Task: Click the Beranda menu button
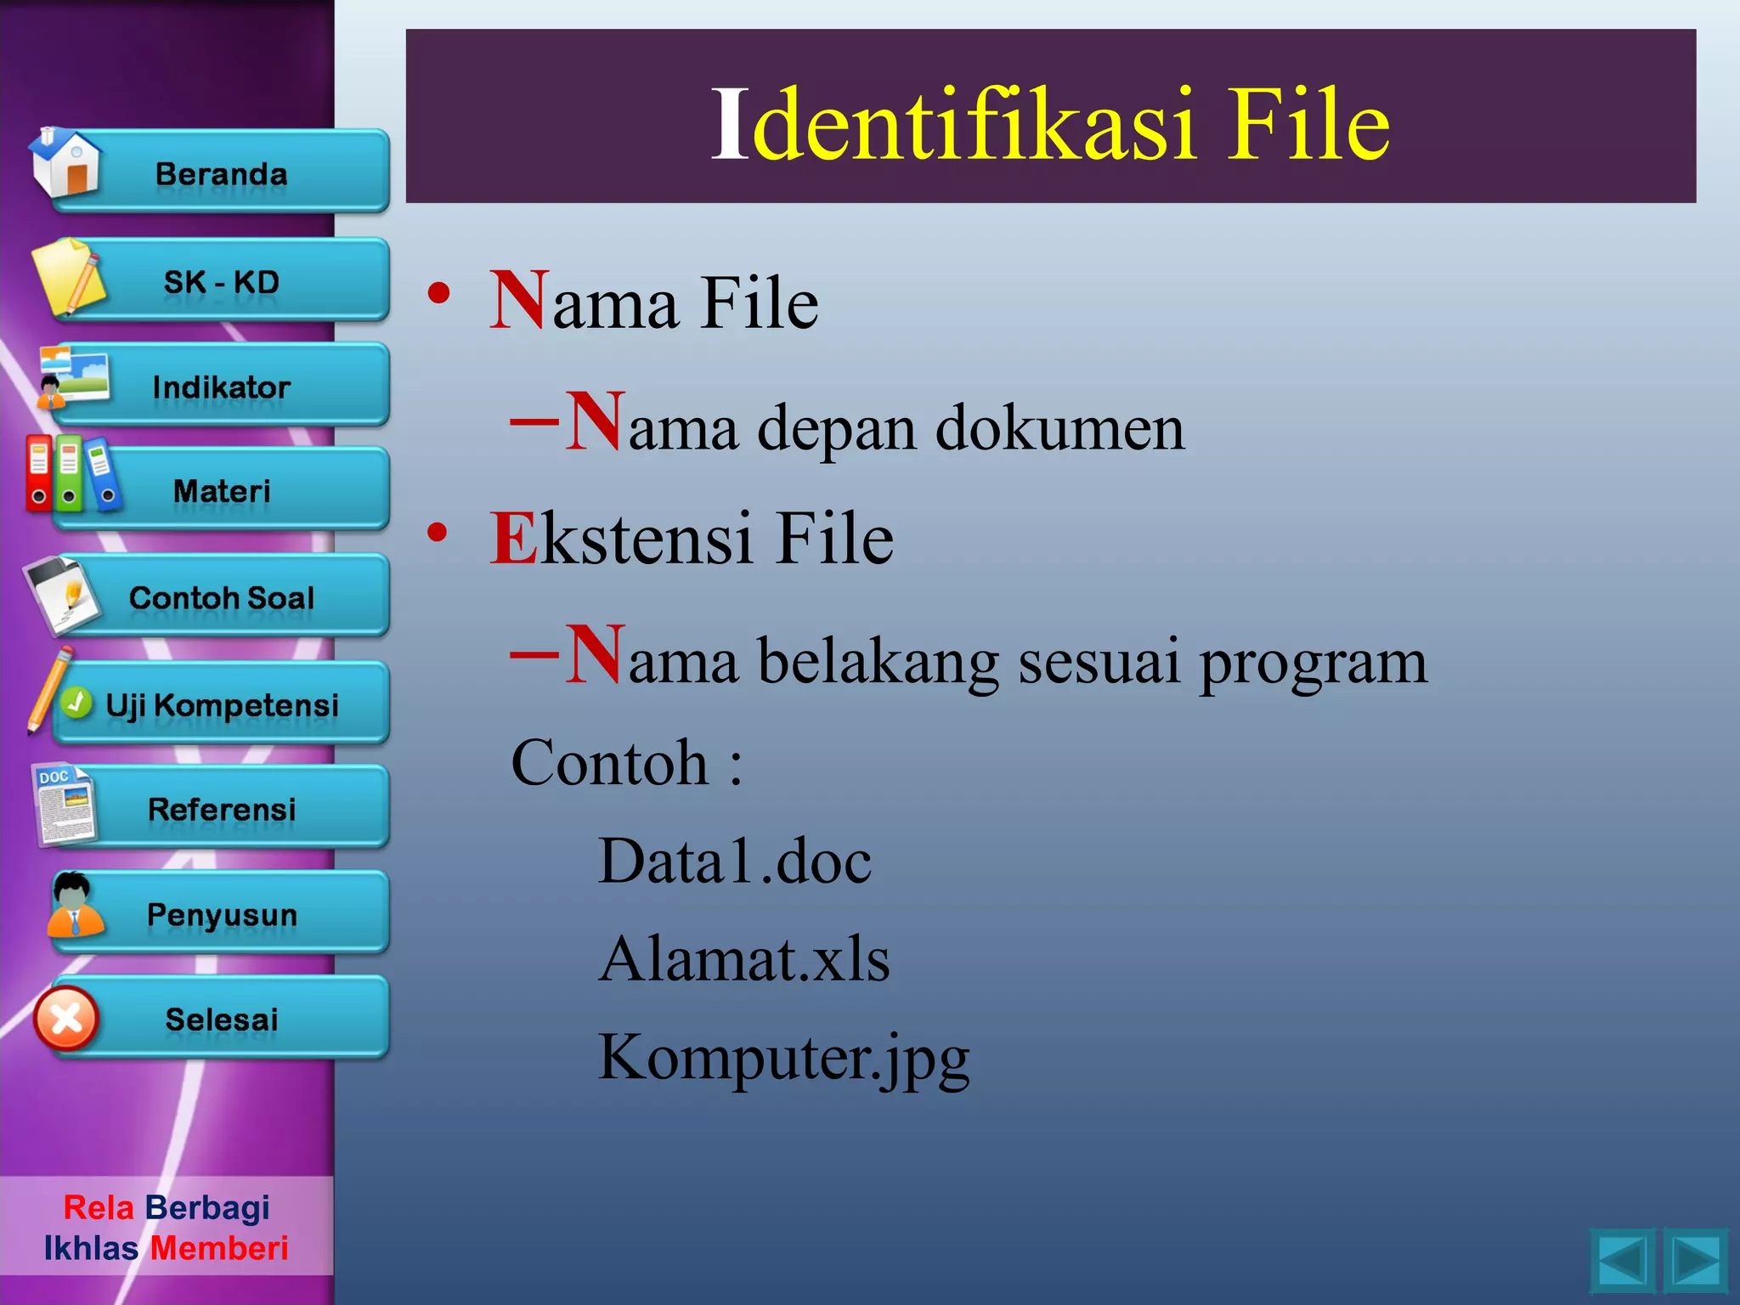[222, 173]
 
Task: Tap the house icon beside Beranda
[66, 163]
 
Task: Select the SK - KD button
[222, 281]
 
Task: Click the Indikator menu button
[222, 387]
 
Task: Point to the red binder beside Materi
[39, 473]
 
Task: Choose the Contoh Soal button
[222, 597]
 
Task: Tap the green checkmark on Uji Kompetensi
[76, 703]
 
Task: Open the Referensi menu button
[222, 809]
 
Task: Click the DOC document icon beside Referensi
[65, 805]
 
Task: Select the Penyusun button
[222, 914]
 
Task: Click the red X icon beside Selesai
[66, 1019]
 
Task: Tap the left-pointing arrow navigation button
[1622, 1261]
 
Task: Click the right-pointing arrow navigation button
[1695, 1261]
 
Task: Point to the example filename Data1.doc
[735, 861]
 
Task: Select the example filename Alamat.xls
[744, 959]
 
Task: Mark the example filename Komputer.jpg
[783, 1058]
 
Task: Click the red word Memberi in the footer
[219, 1248]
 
